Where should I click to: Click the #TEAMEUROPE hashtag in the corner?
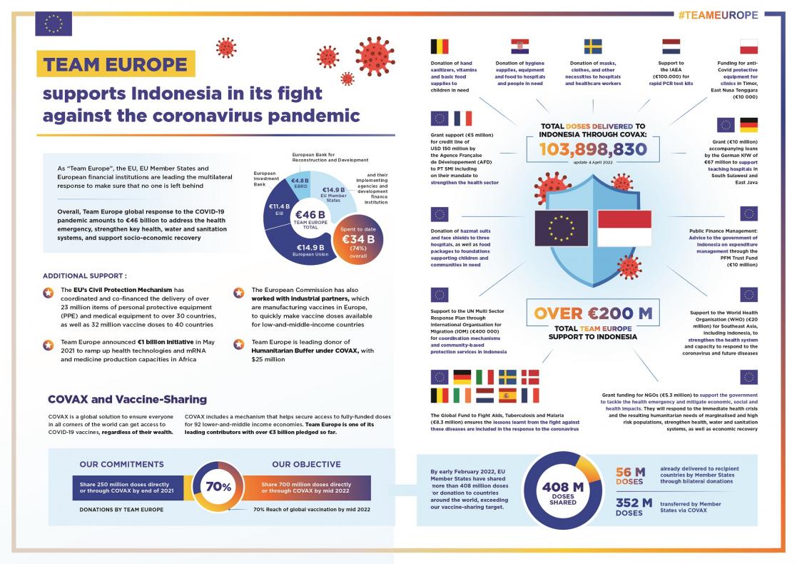(718, 15)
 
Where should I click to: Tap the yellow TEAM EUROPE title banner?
(115, 64)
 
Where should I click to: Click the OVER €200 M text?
(593, 313)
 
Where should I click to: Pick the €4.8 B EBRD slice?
(299, 184)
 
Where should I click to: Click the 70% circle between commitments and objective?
(218, 487)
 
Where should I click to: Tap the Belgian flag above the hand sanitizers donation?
(440, 47)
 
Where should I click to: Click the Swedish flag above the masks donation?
(593, 47)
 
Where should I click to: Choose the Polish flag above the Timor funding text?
(748, 47)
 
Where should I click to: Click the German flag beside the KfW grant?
(748, 125)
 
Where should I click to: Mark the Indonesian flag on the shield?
(624, 228)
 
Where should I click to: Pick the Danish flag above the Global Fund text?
(530, 377)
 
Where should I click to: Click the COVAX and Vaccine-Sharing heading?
(127, 399)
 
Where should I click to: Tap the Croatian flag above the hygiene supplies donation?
(519, 47)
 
